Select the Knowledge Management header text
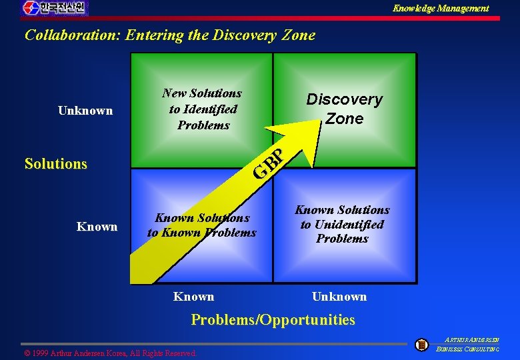coord(440,8)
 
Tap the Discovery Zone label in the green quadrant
coord(344,109)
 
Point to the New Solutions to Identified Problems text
coord(203,109)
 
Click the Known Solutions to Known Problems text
coord(201,225)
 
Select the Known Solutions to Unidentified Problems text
coord(342,224)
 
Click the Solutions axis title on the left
coord(55,163)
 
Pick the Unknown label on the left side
coord(85,111)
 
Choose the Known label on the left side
coord(97,227)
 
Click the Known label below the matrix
coord(193,297)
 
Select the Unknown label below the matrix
coord(339,297)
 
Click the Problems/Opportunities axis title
coord(273,320)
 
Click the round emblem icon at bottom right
coord(421,345)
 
